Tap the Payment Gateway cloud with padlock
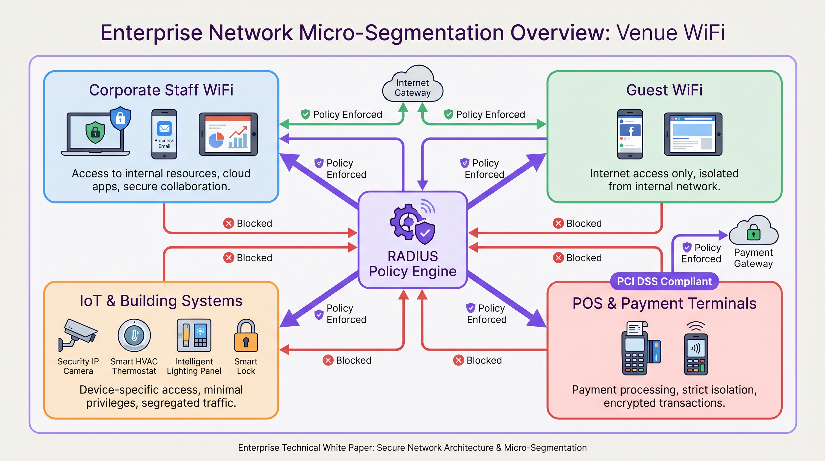pos(753,231)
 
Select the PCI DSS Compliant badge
pos(664,281)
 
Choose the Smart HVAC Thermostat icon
pos(134,335)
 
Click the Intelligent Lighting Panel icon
pos(194,335)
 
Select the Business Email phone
pos(164,134)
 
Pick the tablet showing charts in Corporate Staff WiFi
pos(228,134)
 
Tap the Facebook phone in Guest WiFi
pos(630,134)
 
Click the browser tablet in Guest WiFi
pos(693,134)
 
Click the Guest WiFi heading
pos(664,90)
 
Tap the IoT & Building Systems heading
pos(161,301)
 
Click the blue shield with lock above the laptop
pos(120,118)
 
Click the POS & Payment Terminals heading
pos(664,303)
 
